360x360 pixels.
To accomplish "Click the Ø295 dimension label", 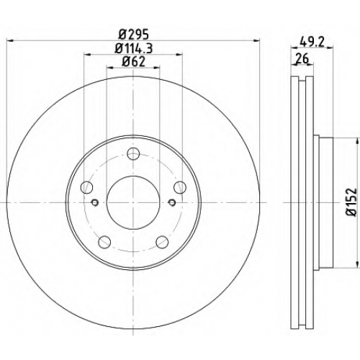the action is tap(134, 35).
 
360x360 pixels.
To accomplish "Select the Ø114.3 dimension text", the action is tap(133, 49).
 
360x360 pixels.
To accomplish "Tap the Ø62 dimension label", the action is tap(133, 62).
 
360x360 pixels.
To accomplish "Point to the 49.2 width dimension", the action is tap(312, 42).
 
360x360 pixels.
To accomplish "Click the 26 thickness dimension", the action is tap(302, 59).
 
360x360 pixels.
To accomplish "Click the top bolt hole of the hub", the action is tap(133, 154).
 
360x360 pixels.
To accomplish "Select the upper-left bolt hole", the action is tap(86, 187).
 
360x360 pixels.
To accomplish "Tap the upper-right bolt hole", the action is tap(180, 187).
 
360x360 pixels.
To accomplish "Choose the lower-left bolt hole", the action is tap(104, 242).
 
